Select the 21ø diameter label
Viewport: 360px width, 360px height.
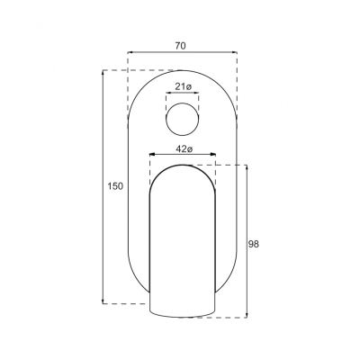183,86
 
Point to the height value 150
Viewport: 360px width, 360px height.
114,186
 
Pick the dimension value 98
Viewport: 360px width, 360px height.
254,243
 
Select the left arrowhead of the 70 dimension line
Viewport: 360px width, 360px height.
130,52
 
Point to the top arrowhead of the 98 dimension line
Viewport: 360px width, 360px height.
244,167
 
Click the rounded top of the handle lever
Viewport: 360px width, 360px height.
183,167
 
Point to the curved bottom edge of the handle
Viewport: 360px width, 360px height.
183,316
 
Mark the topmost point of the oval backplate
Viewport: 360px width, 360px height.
183,70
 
